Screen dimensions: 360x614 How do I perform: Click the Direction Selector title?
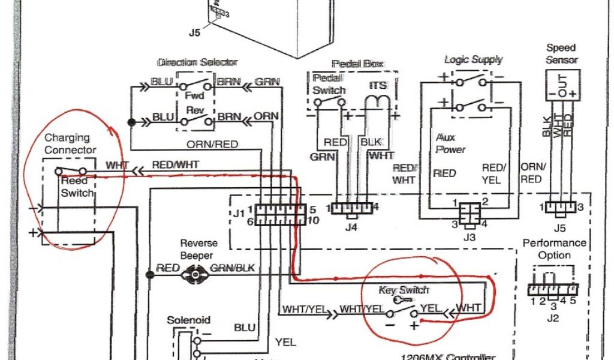click(x=197, y=62)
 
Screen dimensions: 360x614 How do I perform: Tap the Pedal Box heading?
click(x=357, y=64)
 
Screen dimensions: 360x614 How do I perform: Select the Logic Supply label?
click(x=473, y=59)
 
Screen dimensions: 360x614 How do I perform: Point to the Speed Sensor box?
click(x=562, y=85)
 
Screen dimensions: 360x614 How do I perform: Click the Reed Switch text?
click(x=77, y=187)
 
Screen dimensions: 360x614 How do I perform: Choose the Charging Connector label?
click(x=70, y=143)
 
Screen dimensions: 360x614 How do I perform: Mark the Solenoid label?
click(x=188, y=321)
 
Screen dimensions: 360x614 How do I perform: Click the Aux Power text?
click(x=450, y=143)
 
